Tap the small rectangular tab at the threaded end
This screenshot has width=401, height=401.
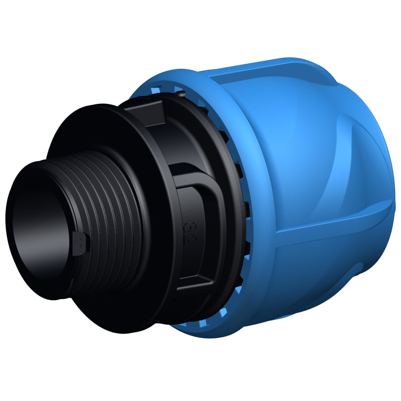(79, 243)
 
